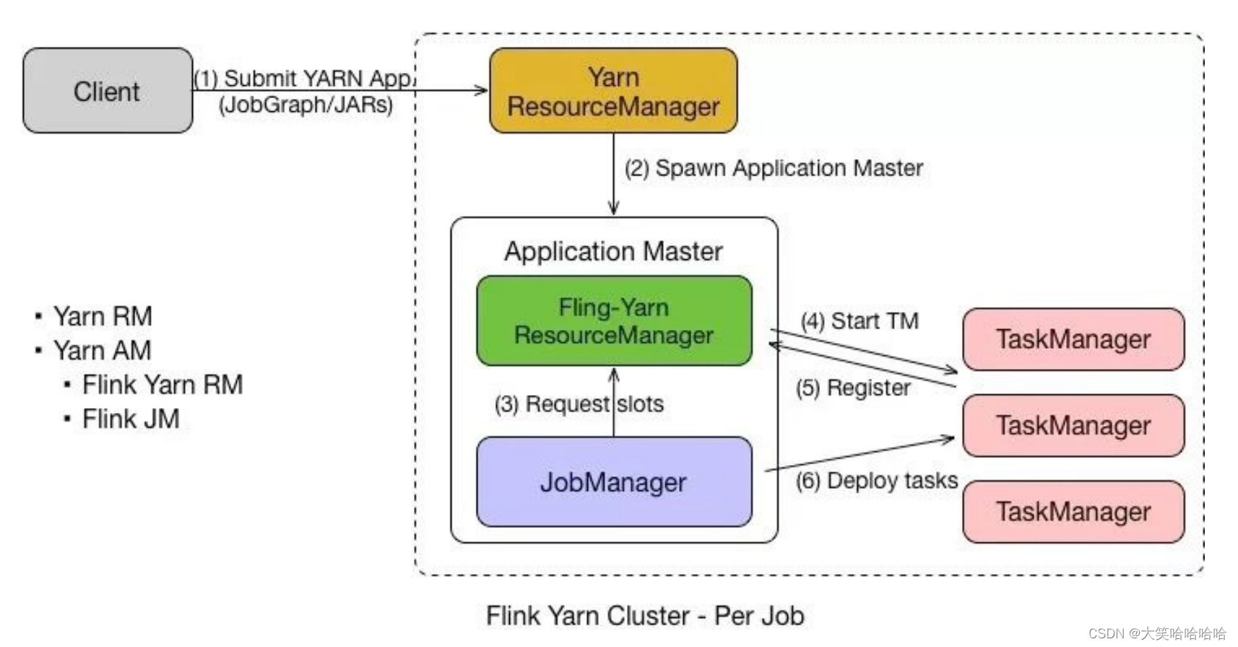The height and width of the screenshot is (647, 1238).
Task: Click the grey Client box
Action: [x=108, y=91]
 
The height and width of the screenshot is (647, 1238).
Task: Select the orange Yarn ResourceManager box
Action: [x=613, y=91]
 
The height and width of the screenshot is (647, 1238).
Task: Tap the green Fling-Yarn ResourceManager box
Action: [x=614, y=321]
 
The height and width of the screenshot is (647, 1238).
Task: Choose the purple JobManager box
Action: [x=614, y=482]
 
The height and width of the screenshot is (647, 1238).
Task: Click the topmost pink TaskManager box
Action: [x=1073, y=339]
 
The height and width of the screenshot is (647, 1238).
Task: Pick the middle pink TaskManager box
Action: [x=1073, y=425]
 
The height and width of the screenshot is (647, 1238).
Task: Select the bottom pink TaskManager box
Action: [x=1073, y=511]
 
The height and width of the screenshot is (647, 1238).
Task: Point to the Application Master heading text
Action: [x=613, y=251]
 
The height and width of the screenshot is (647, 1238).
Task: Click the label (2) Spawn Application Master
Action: [x=774, y=168]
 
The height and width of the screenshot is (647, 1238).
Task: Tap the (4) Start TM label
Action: [x=860, y=321]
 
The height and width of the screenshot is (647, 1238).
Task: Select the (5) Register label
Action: [x=853, y=388]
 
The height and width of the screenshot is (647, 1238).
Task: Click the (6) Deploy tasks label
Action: [x=877, y=480]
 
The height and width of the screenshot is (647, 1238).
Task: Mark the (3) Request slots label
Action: [x=579, y=404]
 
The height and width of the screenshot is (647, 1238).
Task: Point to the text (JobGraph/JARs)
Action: [x=306, y=105]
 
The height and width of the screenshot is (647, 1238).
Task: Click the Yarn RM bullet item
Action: [x=103, y=316]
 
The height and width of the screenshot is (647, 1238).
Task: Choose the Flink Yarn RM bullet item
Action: [x=162, y=385]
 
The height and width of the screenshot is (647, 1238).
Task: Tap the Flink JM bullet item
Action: [x=131, y=419]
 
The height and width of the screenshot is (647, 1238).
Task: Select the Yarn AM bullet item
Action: [x=102, y=350]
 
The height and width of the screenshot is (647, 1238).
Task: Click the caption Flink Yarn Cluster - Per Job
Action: [x=645, y=616]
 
